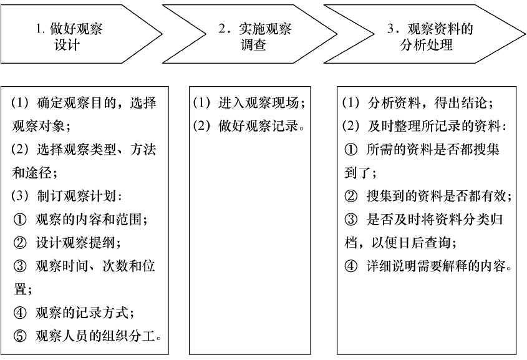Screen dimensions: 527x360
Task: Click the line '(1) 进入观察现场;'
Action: (249, 102)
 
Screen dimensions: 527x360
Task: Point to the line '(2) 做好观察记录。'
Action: (249, 125)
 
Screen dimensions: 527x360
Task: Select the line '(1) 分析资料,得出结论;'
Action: (418, 102)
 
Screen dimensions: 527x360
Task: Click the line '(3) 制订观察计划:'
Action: (67, 196)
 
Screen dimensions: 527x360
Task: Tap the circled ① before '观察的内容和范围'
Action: (20, 220)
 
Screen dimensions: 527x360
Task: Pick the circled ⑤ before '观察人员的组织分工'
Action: (20, 336)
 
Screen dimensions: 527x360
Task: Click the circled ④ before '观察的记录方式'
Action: (20, 313)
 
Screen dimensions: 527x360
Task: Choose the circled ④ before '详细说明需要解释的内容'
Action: (351, 266)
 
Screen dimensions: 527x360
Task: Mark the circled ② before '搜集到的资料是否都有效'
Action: (351, 196)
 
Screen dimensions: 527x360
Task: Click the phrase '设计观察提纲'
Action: (75, 243)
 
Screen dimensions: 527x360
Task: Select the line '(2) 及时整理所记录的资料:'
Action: (425, 125)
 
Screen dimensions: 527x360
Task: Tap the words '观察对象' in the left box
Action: (38, 125)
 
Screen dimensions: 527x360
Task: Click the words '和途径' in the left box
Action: (32, 173)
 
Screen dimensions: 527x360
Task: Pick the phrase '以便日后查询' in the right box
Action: (411, 243)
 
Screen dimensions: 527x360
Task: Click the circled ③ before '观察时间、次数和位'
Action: (20, 266)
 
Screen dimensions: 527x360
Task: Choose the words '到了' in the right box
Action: (357, 173)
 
